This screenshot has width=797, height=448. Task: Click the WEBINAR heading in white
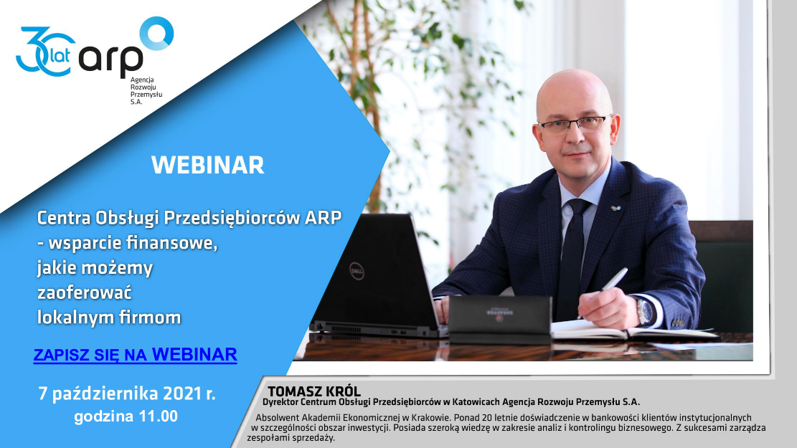pyautogui.click(x=208, y=165)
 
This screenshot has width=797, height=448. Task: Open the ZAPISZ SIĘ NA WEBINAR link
pyautogui.click(x=135, y=355)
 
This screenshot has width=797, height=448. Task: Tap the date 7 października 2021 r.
pyautogui.click(x=127, y=394)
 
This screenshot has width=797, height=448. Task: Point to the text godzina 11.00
pyautogui.click(x=126, y=416)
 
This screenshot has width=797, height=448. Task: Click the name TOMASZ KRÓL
pyautogui.click(x=314, y=391)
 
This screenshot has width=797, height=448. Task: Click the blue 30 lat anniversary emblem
pyautogui.click(x=44, y=52)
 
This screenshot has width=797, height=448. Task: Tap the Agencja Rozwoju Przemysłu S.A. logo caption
pyautogui.click(x=146, y=91)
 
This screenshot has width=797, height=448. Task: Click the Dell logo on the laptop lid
pyautogui.click(x=357, y=272)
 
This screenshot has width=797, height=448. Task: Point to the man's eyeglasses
pyautogui.click(x=575, y=123)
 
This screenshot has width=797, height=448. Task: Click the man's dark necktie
pyautogui.click(x=573, y=254)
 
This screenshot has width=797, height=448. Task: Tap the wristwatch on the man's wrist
pyautogui.click(x=645, y=311)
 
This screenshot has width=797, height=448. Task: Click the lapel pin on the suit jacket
pyautogui.click(x=616, y=208)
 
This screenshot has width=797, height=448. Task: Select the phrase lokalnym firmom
pyautogui.click(x=109, y=318)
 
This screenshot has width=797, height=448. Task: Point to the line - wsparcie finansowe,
pyautogui.click(x=127, y=243)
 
